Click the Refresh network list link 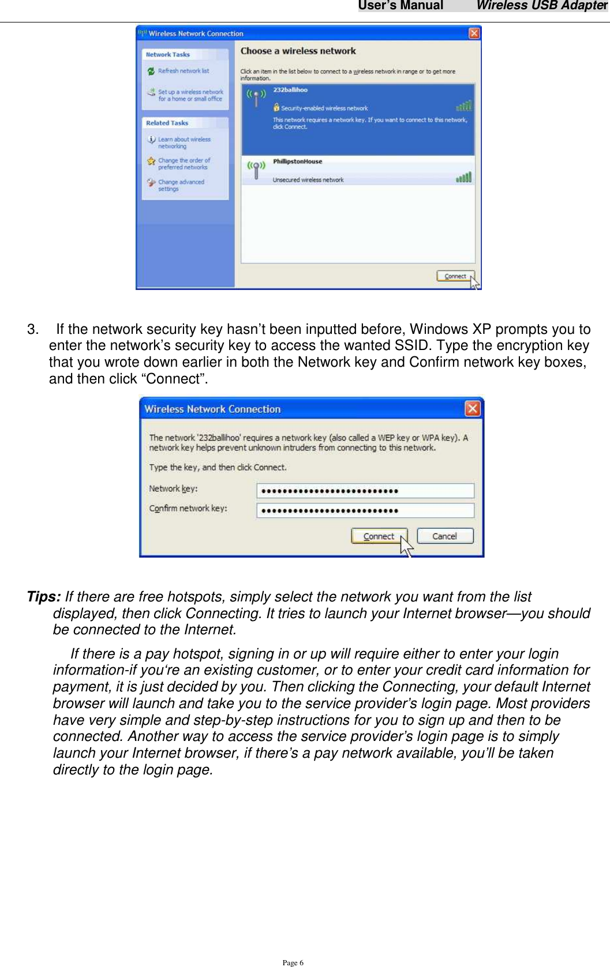pos(183,71)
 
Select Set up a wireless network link pos(190,95)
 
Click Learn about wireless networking pos(184,142)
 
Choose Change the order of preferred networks pos(184,164)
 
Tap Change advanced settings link pos(181,185)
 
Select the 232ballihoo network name pos(290,90)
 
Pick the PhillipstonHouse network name pos(297,161)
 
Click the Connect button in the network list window pos(455,276)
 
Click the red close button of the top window pos(474,33)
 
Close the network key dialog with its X pos(472,409)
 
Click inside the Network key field pos(365,491)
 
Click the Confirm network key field pos(365,510)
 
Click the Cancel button pos(444,536)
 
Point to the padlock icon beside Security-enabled pos(276,107)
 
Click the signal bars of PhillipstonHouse pos(463,178)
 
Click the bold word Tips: pos(44,596)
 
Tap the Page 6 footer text pos(293,962)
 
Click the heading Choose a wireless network pos(298,51)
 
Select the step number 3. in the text pos(33,329)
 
